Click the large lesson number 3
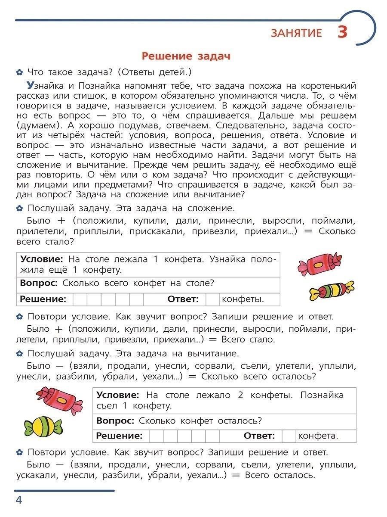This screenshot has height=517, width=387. click(x=342, y=33)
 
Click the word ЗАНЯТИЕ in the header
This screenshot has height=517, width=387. click(x=296, y=34)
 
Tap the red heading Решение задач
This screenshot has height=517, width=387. click(x=186, y=56)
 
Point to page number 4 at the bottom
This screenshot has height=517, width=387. click(x=18, y=500)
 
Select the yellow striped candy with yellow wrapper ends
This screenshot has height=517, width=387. click(x=332, y=290)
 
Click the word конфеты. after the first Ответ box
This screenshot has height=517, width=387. click(x=243, y=299)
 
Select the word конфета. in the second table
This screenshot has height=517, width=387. click(x=318, y=436)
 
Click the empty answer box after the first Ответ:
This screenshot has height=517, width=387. click(x=212, y=299)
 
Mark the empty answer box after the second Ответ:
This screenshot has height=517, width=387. click(x=289, y=436)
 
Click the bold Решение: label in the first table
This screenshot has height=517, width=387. click(x=43, y=299)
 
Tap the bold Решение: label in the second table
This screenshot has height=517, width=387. click(x=119, y=436)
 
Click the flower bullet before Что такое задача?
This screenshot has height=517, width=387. click(x=19, y=72)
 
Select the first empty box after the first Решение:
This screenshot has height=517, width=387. click(x=80, y=299)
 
